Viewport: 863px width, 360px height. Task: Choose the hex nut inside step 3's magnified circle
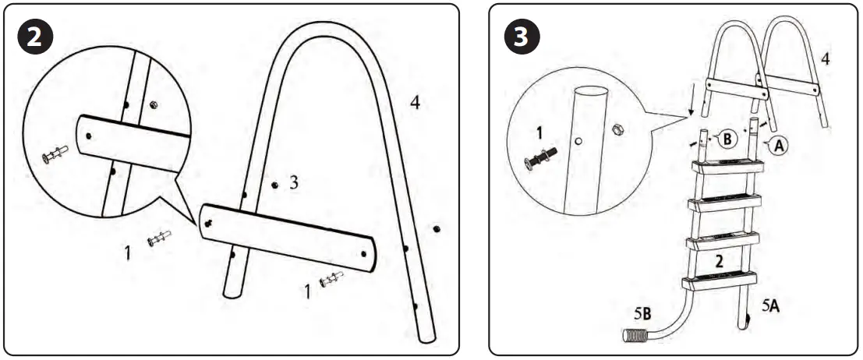click(x=616, y=129)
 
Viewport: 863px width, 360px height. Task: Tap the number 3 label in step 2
click(x=293, y=182)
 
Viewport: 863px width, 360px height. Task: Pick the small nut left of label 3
click(x=274, y=185)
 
